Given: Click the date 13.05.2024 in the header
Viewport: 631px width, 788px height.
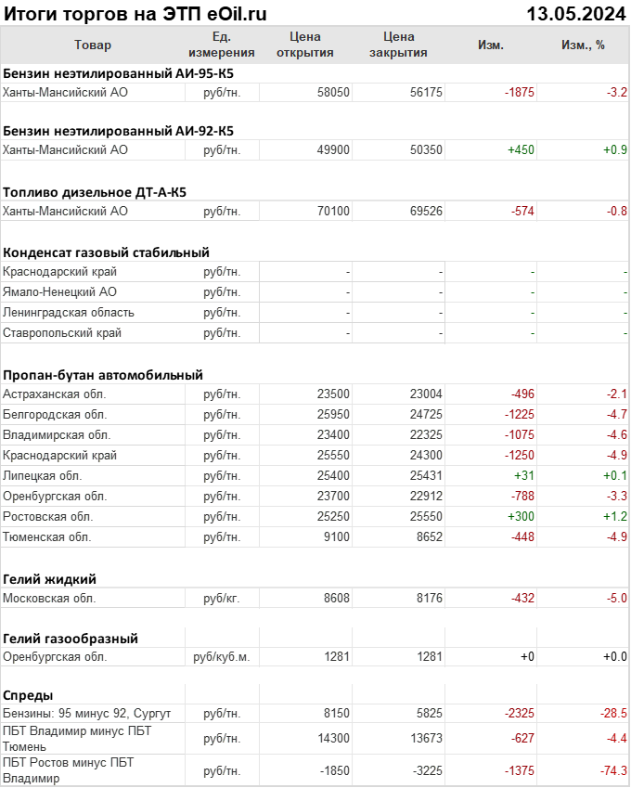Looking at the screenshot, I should (576, 14).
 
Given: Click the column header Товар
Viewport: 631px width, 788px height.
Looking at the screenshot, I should (92, 45).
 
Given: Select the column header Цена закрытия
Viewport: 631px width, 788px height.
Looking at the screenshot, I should (398, 45).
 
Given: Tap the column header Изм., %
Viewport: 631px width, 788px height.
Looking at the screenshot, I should (583, 45).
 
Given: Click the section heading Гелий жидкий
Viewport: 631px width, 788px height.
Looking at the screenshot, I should (50, 579).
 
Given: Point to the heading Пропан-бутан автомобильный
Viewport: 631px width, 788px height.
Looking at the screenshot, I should (103, 375).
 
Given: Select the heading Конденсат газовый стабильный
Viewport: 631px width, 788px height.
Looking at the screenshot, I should (106, 252).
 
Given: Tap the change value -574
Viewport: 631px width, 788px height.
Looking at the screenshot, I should (523, 212).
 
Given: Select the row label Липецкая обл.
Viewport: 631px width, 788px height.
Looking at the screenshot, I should (45, 476).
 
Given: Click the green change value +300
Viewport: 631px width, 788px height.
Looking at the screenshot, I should (520, 517).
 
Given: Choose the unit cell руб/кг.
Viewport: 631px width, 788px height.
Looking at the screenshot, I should (222, 599).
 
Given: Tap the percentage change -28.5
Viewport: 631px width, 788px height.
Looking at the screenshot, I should (613, 714).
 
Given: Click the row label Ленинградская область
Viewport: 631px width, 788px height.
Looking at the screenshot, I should (69, 313).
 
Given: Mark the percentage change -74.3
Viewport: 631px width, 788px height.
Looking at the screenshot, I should (613, 771).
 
